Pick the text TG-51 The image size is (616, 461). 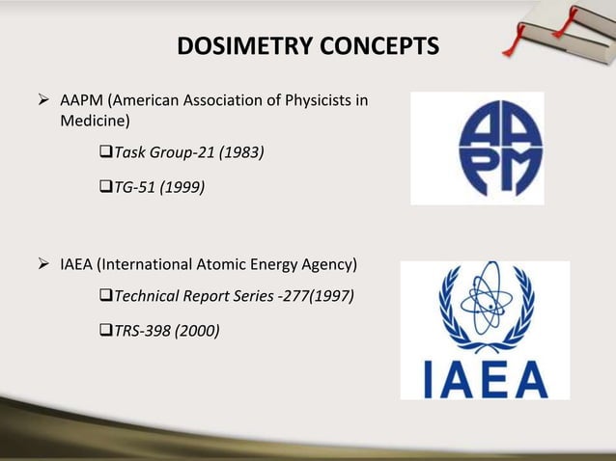point(132,189)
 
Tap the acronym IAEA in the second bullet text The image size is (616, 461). point(76,264)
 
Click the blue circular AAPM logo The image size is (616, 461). point(476,148)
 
